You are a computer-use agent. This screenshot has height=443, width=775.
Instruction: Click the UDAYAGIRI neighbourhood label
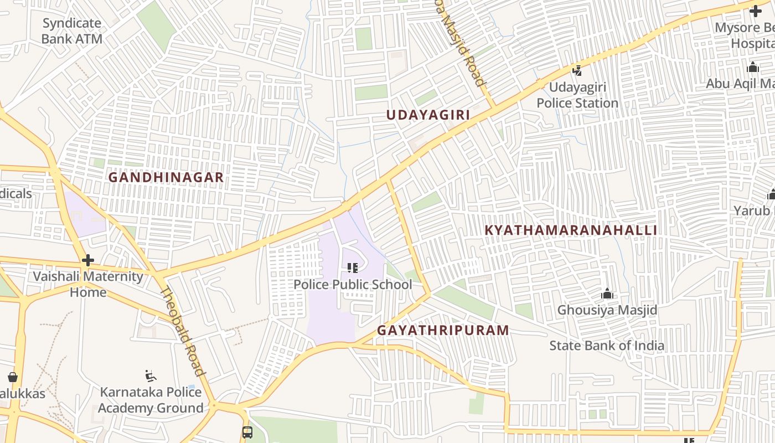pyautogui.click(x=427, y=115)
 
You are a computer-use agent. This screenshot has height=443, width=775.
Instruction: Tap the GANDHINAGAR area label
pyautogui.click(x=166, y=178)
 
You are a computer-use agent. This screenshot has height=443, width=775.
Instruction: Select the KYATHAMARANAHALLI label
pyautogui.click(x=571, y=230)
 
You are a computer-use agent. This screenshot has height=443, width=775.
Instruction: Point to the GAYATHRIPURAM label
pyautogui.click(x=443, y=331)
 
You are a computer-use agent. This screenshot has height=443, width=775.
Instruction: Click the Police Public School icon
pyautogui.click(x=353, y=269)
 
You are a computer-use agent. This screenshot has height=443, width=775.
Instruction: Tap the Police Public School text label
pyautogui.click(x=353, y=285)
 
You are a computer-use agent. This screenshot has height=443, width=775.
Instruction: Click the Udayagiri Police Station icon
pyautogui.click(x=577, y=70)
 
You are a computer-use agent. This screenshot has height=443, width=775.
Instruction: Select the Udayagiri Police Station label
pyautogui.click(x=577, y=95)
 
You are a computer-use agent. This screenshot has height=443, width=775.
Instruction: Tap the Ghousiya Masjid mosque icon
pyautogui.click(x=607, y=293)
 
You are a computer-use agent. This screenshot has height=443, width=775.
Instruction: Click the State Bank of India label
pyautogui.click(x=607, y=346)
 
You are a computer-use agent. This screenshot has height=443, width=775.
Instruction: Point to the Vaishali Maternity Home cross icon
pyautogui.click(x=87, y=260)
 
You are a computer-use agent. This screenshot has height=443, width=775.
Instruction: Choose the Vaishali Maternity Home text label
pyautogui.click(x=88, y=284)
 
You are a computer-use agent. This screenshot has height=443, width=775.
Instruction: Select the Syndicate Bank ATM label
pyautogui.click(x=72, y=31)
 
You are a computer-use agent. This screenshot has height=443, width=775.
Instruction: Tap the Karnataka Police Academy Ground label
pyautogui.click(x=151, y=400)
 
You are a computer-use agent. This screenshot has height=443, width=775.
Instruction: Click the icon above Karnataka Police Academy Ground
pyautogui.click(x=150, y=377)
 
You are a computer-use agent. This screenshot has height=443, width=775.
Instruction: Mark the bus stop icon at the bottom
pyautogui.click(x=247, y=432)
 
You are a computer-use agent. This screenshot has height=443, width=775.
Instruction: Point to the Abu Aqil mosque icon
pyautogui.click(x=752, y=68)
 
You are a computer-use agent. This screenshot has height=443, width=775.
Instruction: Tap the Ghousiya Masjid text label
pyautogui.click(x=607, y=310)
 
